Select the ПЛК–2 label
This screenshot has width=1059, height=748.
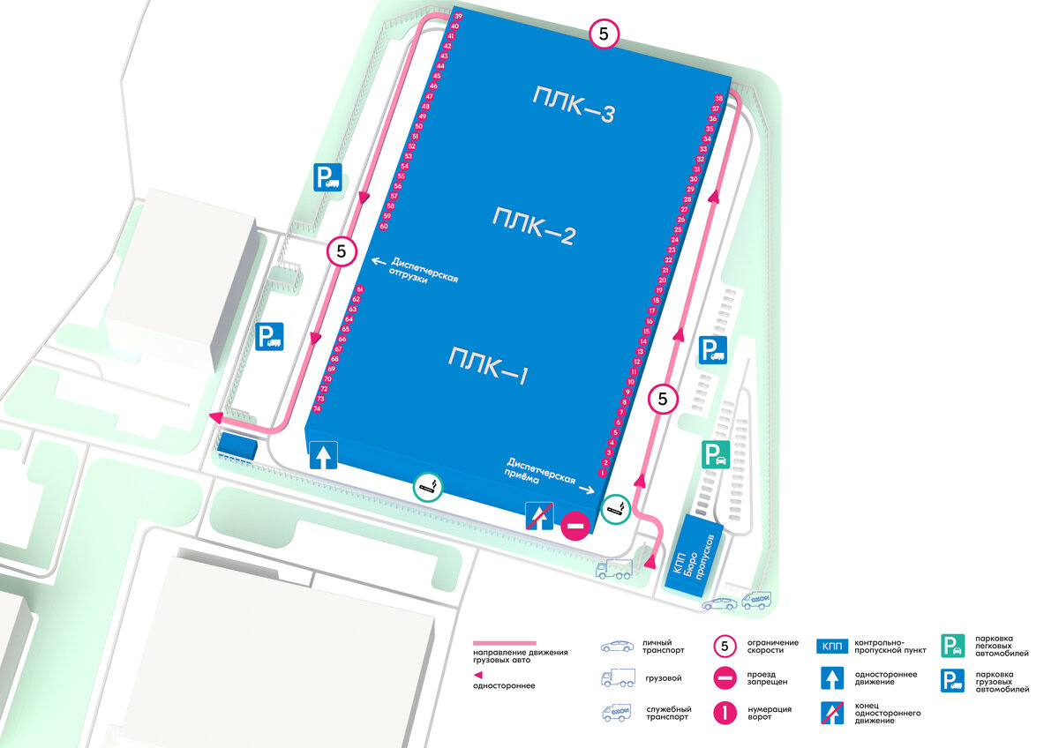[535, 226]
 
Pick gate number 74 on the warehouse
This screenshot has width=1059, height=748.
[318, 409]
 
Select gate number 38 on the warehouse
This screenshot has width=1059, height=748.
[718, 98]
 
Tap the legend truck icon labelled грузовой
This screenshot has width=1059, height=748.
[617, 678]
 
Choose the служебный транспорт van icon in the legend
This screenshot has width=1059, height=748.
[617, 712]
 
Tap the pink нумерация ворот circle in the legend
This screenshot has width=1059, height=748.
[725, 711]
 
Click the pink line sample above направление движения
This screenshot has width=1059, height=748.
[505, 643]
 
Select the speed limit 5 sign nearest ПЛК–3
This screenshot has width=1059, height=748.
[604, 34]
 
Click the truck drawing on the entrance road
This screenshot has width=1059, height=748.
[614, 570]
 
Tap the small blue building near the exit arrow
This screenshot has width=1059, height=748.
[237, 445]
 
